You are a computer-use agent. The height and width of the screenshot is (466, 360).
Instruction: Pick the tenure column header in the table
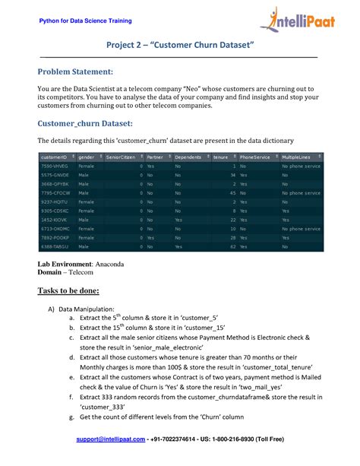point(220,157)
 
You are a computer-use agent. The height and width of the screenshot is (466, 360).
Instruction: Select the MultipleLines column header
point(297,157)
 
